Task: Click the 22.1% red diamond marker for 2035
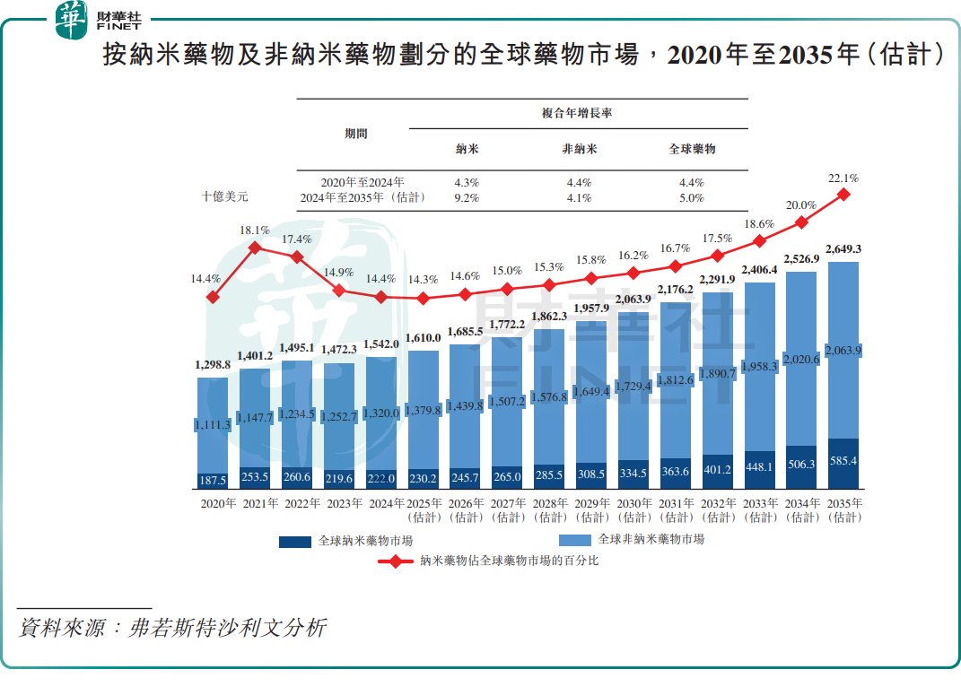[x=843, y=194]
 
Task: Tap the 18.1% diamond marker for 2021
[x=255, y=248]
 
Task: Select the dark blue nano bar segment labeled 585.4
[x=843, y=464]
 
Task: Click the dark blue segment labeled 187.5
[x=213, y=481]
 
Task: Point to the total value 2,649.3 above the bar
[x=843, y=248]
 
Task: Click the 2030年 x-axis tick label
[x=634, y=504]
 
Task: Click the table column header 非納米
[x=579, y=149]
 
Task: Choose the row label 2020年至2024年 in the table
[x=363, y=183]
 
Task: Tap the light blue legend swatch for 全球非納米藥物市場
[x=574, y=540]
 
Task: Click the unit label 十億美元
[x=224, y=195]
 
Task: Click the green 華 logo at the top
[x=72, y=20]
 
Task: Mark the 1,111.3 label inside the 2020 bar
[x=213, y=424]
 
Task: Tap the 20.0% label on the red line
[x=801, y=205]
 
